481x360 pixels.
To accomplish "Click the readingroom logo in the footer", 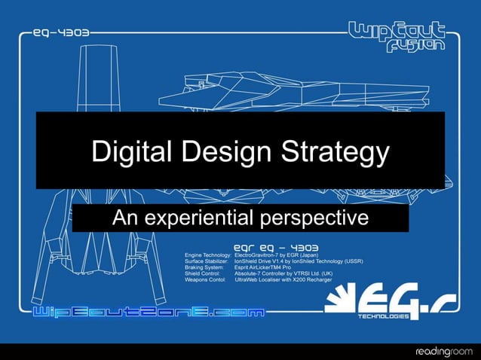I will pos(445,350).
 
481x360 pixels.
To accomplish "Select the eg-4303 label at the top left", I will pos(61,33).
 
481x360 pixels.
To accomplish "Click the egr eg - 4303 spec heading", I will pos(276,246).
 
